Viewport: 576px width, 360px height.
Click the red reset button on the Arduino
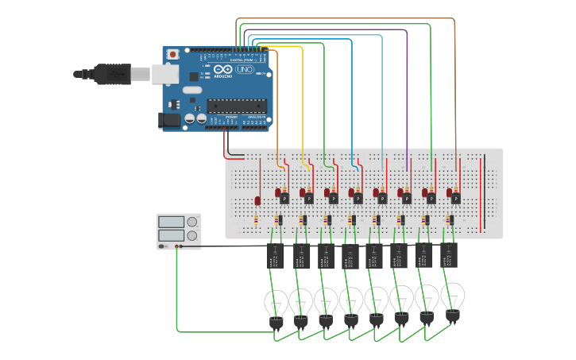tap(173, 54)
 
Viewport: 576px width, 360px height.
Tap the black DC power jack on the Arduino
tap(168, 120)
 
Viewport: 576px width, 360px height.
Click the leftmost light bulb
tap(276, 304)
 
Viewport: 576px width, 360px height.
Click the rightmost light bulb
tap(453, 297)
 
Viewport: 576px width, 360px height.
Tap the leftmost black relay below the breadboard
tap(276, 256)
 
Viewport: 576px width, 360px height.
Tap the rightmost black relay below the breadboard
tap(449, 254)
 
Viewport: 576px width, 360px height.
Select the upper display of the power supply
tap(171, 222)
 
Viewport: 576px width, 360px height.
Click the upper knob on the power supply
tap(191, 222)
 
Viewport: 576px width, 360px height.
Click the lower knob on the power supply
tap(191, 235)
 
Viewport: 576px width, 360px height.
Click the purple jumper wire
tap(407, 95)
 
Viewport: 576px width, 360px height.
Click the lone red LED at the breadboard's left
tap(257, 199)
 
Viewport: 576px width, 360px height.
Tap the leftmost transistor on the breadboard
tap(284, 198)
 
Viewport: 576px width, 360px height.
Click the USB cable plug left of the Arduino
tap(111, 74)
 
